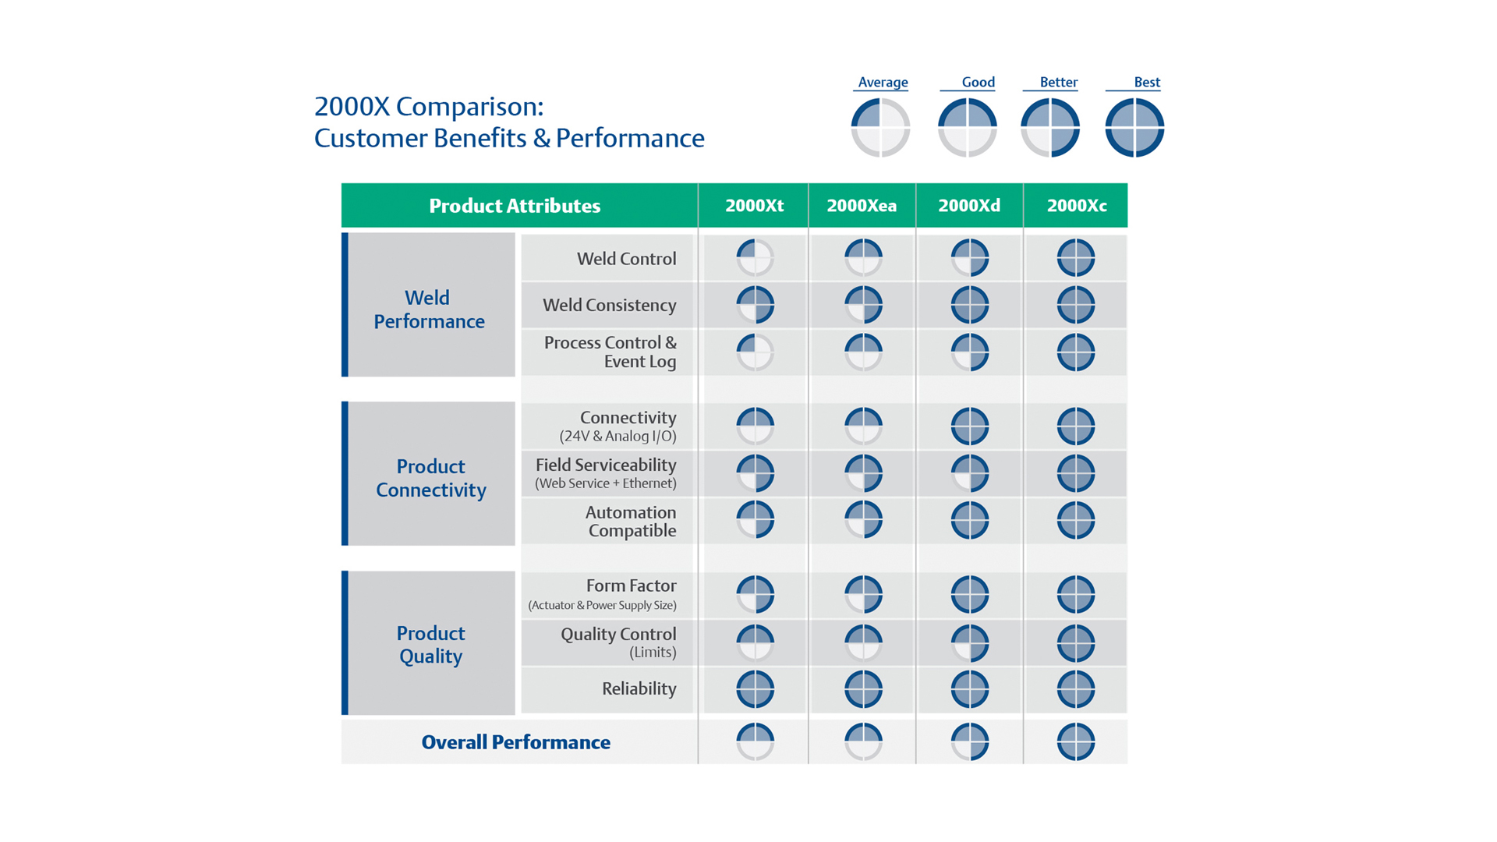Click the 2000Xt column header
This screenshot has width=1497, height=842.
click(x=754, y=206)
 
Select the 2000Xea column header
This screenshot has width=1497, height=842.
click(x=862, y=206)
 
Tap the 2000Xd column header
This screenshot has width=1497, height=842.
click(x=969, y=206)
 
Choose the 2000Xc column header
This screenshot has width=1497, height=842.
click(x=1077, y=206)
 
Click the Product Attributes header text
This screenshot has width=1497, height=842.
click(x=515, y=206)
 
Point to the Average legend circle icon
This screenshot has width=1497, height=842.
click(x=880, y=127)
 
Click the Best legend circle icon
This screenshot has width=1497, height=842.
click(x=1134, y=127)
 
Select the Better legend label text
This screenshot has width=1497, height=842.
click(x=1058, y=83)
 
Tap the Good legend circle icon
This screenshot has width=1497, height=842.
click(x=967, y=127)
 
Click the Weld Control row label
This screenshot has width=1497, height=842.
click(x=626, y=259)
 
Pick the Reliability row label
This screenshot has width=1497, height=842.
click(x=639, y=688)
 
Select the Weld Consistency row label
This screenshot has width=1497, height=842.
click(x=609, y=306)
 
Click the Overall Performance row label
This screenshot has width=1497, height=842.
click(x=515, y=742)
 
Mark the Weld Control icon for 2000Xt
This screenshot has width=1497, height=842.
click(x=755, y=258)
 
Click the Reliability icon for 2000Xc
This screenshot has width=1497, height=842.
click(x=1076, y=689)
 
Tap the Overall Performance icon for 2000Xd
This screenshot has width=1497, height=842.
click(x=970, y=741)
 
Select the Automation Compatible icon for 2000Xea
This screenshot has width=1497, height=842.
click(x=863, y=520)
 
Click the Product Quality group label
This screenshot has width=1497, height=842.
click(x=430, y=644)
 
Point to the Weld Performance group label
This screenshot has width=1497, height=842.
click(x=429, y=310)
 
